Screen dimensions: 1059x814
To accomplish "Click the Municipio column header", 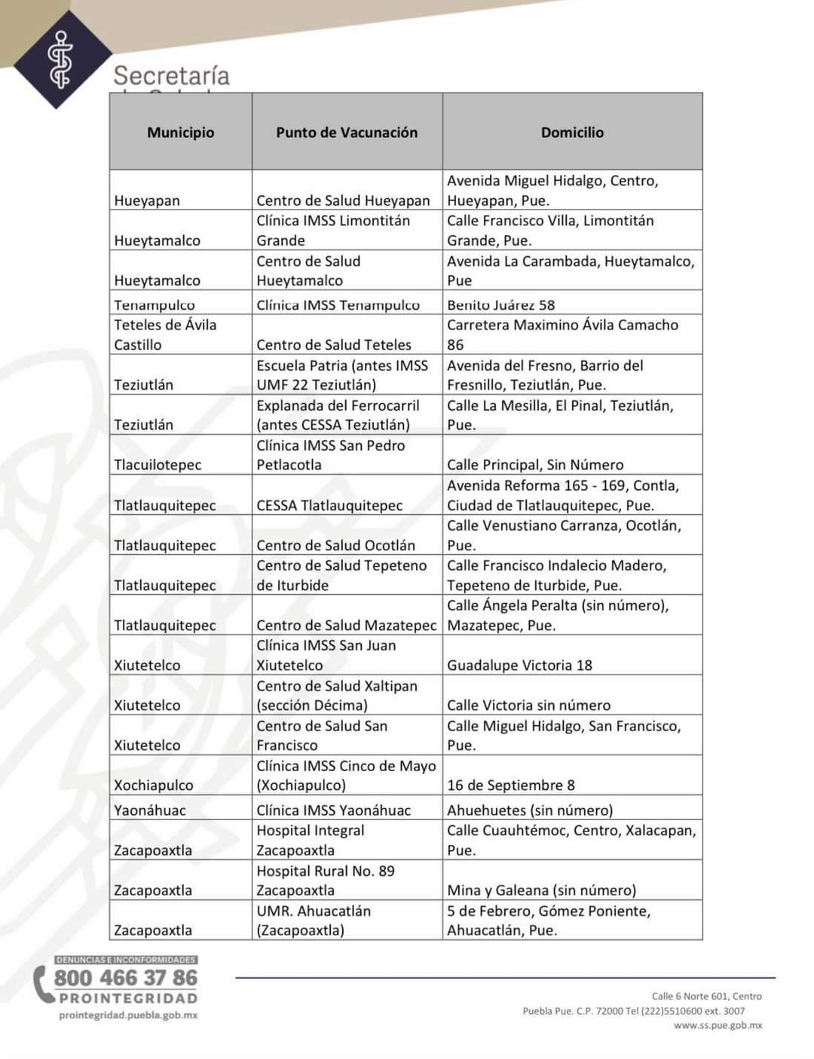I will tap(180, 133).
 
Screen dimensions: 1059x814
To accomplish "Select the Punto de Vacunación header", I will tap(347, 133).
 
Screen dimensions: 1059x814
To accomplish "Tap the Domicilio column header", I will tap(572, 133).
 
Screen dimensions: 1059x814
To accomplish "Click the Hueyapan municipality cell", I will tap(147, 200).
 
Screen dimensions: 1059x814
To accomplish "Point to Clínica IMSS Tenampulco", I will tap(338, 305).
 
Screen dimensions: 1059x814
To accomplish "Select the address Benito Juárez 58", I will tap(500, 305).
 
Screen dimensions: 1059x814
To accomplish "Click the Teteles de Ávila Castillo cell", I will tap(165, 335).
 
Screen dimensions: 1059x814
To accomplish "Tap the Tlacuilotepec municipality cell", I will tap(158, 465).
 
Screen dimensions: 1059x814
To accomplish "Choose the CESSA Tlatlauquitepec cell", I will tap(329, 506).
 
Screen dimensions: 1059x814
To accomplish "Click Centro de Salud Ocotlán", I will tap(335, 546).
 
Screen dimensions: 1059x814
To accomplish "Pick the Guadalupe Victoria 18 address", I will tap(519, 666).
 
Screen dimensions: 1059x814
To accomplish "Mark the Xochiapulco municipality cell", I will tap(153, 785).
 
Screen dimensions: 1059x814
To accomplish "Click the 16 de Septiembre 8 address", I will tap(510, 785).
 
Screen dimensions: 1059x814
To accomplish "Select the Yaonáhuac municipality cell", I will tap(149, 810).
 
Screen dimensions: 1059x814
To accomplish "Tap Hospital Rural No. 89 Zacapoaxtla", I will tap(325, 880).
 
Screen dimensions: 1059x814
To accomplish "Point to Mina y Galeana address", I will tap(541, 890).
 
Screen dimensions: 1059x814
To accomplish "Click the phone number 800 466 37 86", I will tap(125, 978).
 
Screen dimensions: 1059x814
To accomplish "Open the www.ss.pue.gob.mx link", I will tap(718, 1025).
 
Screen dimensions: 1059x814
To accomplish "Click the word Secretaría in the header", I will tap(171, 75).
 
